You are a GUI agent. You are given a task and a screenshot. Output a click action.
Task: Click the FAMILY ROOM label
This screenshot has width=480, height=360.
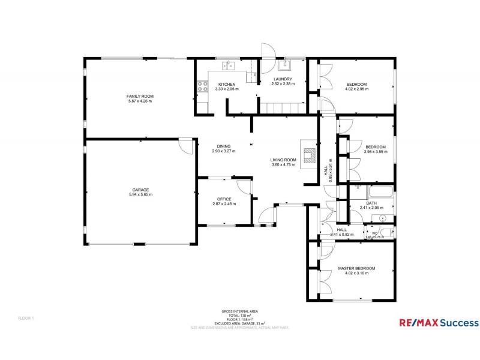click(x=140, y=96)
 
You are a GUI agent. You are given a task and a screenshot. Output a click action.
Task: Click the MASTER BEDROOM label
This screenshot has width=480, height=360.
click(x=356, y=268)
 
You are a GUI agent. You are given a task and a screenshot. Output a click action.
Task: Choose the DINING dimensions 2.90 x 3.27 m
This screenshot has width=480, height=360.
click(x=224, y=151)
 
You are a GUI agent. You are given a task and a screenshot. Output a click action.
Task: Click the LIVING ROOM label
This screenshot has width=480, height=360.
click(x=283, y=160)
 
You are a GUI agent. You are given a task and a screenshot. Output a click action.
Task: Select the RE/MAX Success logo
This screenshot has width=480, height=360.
click(x=439, y=323)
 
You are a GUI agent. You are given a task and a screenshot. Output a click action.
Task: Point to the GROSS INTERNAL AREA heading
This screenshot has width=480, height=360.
click(x=240, y=311)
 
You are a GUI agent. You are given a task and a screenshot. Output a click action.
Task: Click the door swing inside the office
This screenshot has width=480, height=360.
click(x=244, y=185)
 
